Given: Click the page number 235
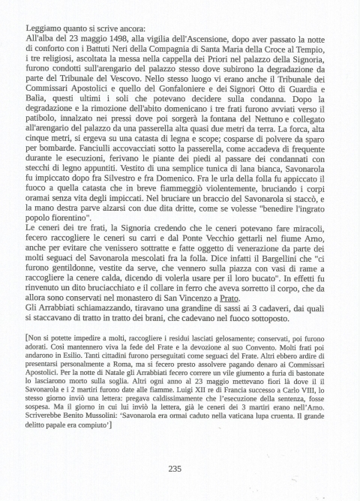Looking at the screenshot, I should pos(174,469).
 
